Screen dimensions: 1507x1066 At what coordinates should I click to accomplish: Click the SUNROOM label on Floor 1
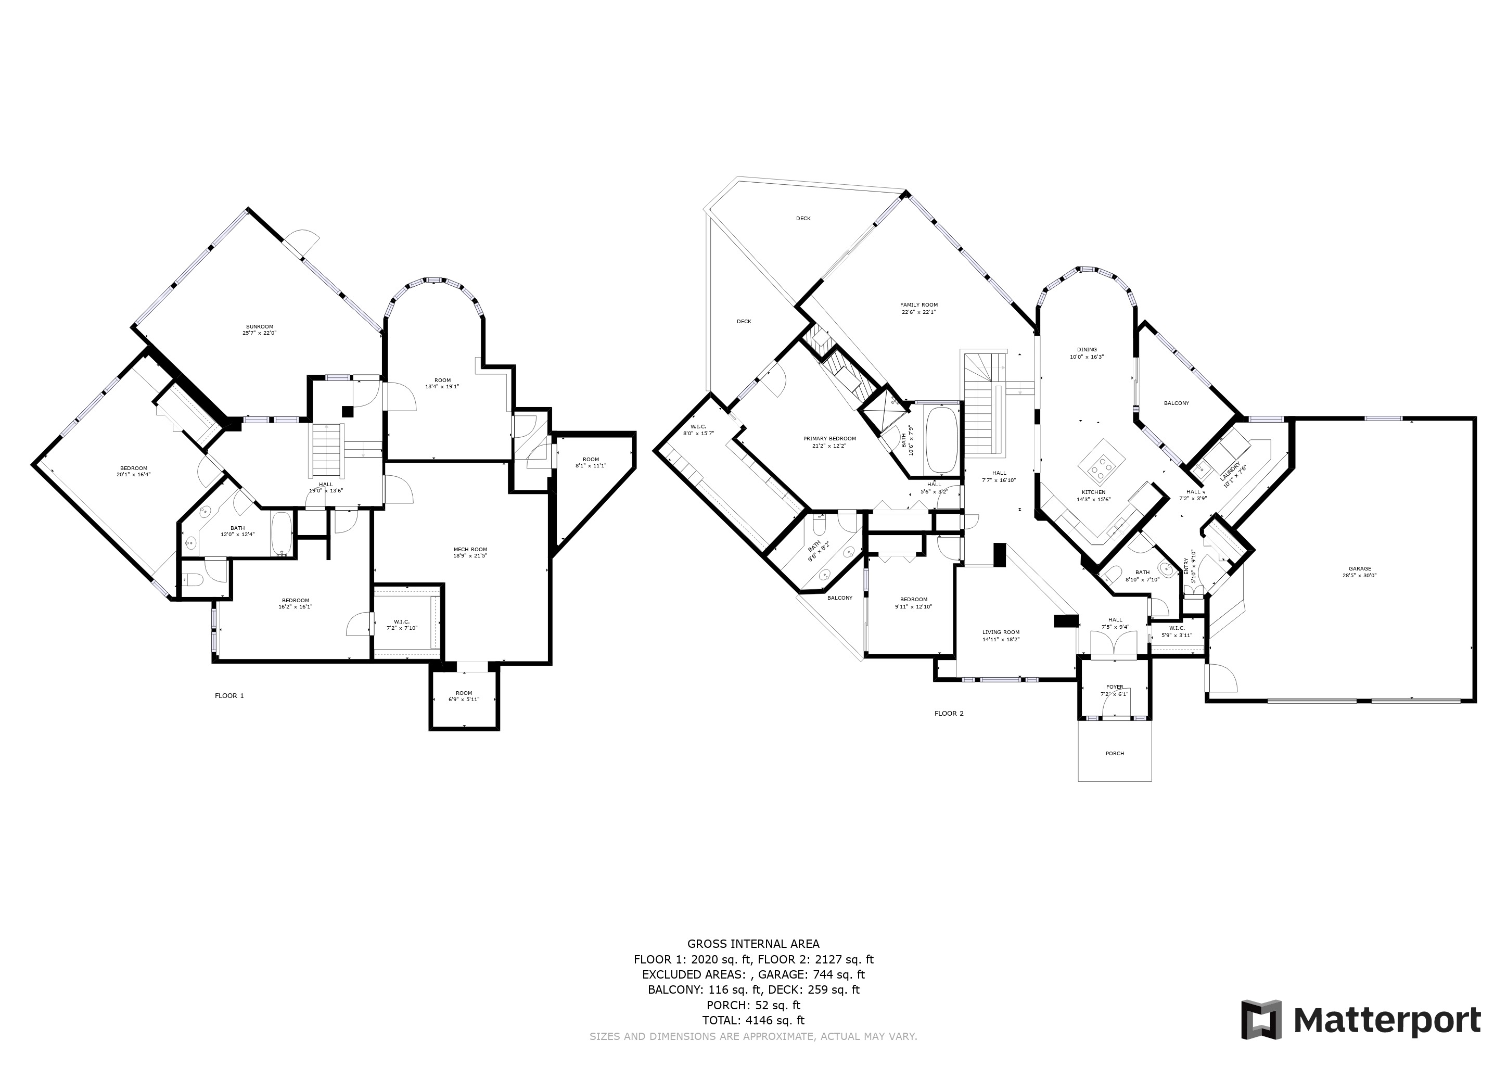click(x=259, y=326)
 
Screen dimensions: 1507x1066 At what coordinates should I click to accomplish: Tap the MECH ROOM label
click(x=470, y=550)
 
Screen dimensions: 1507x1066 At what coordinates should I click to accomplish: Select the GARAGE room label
click(x=1360, y=568)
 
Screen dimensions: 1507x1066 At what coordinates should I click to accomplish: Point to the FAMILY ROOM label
click(x=918, y=304)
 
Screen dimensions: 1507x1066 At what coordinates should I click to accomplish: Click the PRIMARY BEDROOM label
click(x=829, y=438)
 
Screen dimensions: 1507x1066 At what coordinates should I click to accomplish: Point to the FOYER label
click(x=1115, y=687)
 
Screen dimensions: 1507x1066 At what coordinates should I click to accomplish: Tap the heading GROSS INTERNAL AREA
click(x=753, y=944)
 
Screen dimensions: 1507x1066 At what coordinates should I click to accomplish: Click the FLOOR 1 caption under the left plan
click(x=229, y=696)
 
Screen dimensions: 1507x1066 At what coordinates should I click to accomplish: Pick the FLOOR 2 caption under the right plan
click(x=949, y=713)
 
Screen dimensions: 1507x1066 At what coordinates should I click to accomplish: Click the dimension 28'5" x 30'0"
click(x=1360, y=576)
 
